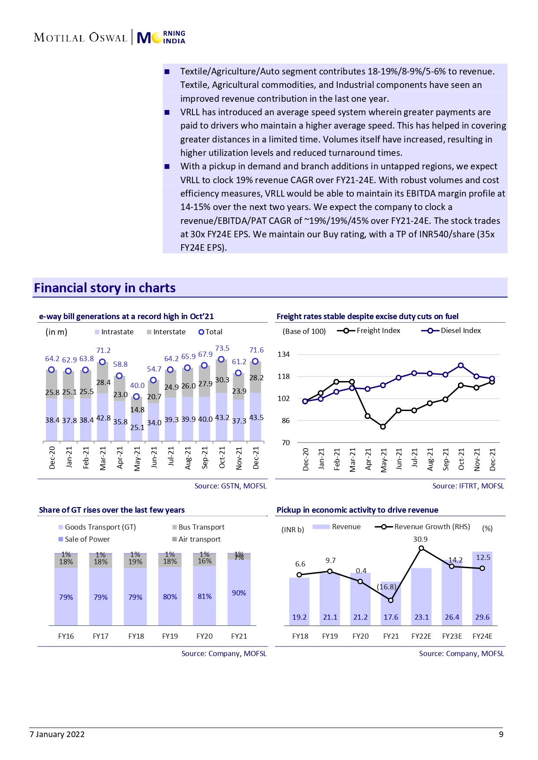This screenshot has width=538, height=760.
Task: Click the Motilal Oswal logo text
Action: [80, 38]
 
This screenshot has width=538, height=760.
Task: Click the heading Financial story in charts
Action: [104, 288]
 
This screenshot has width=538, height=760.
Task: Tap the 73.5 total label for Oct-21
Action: [222, 349]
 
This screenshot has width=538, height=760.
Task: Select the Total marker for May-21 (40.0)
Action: [136, 397]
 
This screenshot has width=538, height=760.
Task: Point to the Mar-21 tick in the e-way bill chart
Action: [103, 458]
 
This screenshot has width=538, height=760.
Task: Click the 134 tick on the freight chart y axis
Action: [284, 355]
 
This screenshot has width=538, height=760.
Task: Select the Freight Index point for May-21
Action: [383, 427]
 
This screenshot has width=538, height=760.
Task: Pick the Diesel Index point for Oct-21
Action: [461, 365]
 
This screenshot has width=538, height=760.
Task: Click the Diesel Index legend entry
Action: [451, 331]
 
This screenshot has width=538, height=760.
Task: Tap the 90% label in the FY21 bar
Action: [239, 593]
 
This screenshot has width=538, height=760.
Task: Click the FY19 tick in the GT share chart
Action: [170, 636]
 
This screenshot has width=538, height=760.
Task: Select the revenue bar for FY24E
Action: [482, 589]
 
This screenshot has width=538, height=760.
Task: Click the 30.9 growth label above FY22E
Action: [420, 539]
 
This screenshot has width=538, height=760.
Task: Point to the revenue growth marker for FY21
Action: [391, 600]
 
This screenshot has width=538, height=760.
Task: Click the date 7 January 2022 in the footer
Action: [57, 734]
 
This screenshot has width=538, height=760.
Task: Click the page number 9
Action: [501, 734]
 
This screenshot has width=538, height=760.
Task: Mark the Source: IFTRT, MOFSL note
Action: [468, 486]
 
